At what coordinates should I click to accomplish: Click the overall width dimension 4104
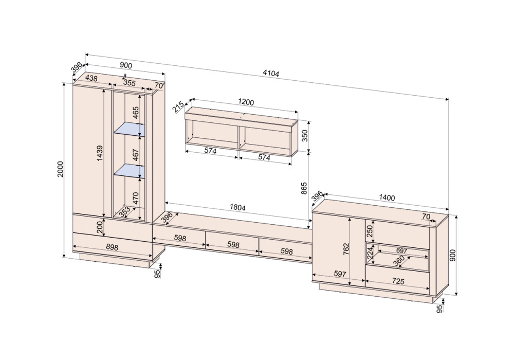(271, 74)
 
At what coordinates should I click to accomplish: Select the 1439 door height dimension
(100, 153)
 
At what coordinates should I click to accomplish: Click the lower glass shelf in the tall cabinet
(129, 171)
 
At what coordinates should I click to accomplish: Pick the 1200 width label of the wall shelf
(246, 102)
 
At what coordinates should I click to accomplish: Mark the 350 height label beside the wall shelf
(304, 136)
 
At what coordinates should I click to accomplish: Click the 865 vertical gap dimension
(304, 188)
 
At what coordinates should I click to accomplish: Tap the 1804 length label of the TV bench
(237, 207)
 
